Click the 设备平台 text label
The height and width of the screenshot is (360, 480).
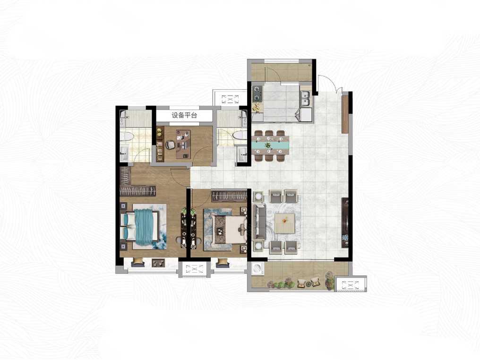(x=184, y=115)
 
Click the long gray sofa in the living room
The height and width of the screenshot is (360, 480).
(x=259, y=222)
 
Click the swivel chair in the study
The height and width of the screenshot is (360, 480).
(x=170, y=145)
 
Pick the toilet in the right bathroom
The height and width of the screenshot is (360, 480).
(x=240, y=135)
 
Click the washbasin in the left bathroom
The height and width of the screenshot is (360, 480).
(x=124, y=153)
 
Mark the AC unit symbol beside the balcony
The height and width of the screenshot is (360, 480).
(x=349, y=285)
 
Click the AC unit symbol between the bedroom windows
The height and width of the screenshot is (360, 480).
(x=195, y=269)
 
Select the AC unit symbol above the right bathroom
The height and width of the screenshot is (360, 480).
(x=230, y=99)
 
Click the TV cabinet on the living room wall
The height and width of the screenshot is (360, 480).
(x=345, y=223)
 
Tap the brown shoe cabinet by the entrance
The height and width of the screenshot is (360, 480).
(x=345, y=114)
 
